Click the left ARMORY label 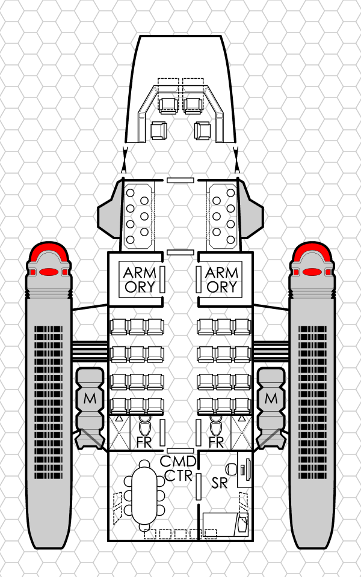(140, 279)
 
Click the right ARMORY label (221, 279)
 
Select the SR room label (220, 482)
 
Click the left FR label (144, 443)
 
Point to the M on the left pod (90, 397)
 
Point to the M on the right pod (271, 397)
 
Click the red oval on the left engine (49, 272)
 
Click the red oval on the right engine (312, 272)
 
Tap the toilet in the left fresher (145, 427)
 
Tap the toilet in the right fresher (215, 427)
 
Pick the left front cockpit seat (168, 104)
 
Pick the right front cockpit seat (193, 104)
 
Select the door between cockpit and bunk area (180, 180)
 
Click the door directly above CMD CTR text (180, 450)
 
